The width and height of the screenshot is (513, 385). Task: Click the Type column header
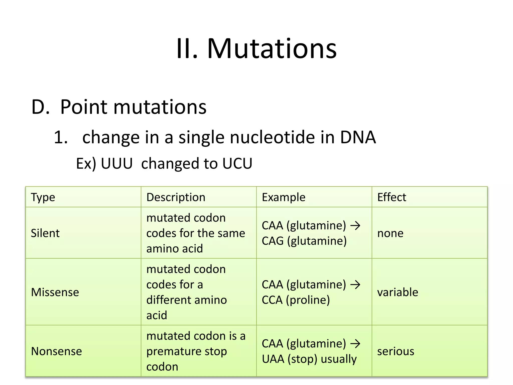tap(43, 198)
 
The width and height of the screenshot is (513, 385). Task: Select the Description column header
tap(176, 197)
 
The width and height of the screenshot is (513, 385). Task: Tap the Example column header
tap(283, 197)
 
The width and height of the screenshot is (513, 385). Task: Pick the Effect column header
tap(392, 197)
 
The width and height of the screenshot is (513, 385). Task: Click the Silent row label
tap(45, 233)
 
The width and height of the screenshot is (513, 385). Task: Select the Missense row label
tap(55, 292)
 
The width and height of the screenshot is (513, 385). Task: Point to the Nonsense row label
tap(56, 351)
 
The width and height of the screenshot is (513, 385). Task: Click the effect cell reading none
tap(390, 233)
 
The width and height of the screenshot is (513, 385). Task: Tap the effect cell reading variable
tap(398, 292)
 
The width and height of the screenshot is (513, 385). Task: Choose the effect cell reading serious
tap(396, 351)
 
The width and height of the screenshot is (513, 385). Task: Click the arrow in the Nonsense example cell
tap(355, 344)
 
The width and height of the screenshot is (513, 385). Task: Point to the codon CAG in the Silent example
tap(273, 241)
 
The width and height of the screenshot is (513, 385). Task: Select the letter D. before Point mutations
tap(40, 107)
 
